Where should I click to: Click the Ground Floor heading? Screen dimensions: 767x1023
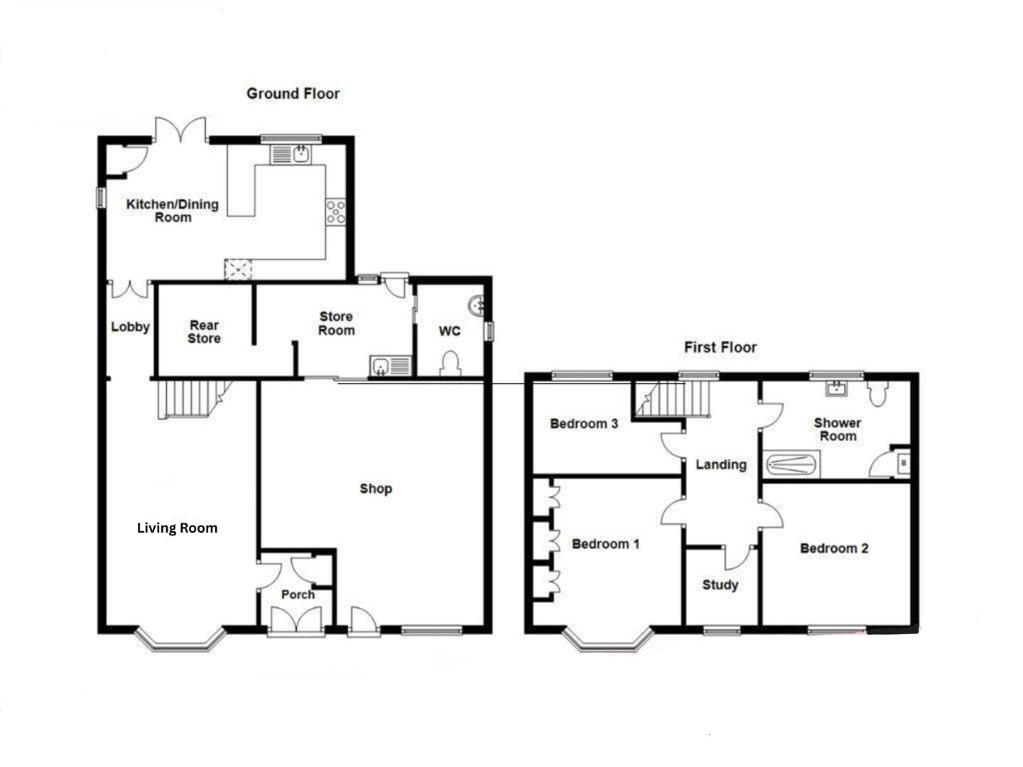293,93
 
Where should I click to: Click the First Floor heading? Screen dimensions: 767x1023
720,347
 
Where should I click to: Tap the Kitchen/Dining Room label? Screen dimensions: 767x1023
172,211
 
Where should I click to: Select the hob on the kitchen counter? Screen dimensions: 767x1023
335,211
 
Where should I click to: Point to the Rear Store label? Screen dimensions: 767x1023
204,332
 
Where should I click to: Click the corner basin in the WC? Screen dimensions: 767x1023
476,305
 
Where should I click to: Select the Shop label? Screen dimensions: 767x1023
375,489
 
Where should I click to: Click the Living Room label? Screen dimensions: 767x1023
177,528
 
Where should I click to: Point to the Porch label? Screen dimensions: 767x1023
298,594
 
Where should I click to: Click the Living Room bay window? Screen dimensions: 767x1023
180,639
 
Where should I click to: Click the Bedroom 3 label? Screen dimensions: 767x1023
584,424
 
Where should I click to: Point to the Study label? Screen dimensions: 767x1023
720,585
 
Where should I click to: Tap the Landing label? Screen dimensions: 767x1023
720,464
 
